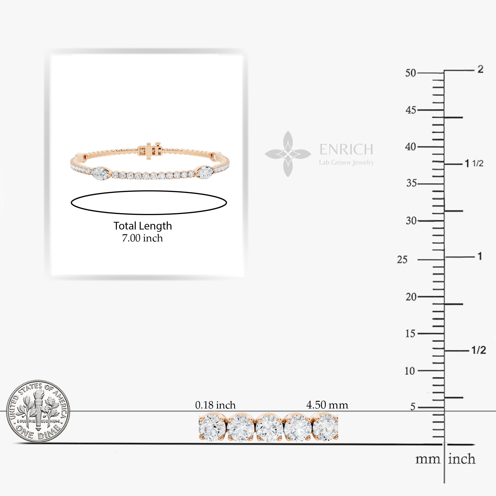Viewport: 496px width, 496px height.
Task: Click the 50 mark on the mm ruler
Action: click(x=411, y=73)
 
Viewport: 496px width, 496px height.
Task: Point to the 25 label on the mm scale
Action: click(x=402, y=259)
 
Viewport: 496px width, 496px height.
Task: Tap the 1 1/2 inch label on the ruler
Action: click(x=474, y=163)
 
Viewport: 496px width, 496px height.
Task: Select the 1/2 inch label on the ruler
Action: click(x=479, y=350)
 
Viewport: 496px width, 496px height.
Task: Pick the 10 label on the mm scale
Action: click(x=409, y=371)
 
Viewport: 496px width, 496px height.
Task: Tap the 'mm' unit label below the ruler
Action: click(x=428, y=459)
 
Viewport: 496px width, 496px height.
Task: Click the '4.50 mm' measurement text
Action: click(x=327, y=405)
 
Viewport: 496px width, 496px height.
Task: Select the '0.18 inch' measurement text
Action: click(x=215, y=405)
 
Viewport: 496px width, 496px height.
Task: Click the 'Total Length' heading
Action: click(x=142, y=226)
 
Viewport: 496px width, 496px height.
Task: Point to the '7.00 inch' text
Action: click(x=142, y=238)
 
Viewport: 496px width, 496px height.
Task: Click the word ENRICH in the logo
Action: click(x=346, y=149)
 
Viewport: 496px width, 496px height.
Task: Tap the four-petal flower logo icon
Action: click(x=288, y=154)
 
